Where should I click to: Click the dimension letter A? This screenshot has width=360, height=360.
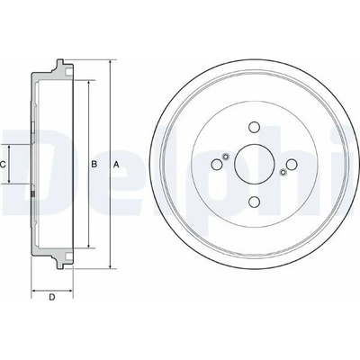point(116,164)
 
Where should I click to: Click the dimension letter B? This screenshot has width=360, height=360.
point(94,164)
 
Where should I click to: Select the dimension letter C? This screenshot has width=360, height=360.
point(3,164)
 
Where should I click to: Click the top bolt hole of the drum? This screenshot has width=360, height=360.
point(254,127)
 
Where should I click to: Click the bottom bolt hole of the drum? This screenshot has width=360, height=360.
point(254,202)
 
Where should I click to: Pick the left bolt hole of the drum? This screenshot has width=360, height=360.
point(217,164)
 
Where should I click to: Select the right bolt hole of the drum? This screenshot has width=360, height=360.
point(292,164)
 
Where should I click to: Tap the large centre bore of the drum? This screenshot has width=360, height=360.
point(254,164)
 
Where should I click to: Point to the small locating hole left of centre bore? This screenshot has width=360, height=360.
point(226,156)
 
